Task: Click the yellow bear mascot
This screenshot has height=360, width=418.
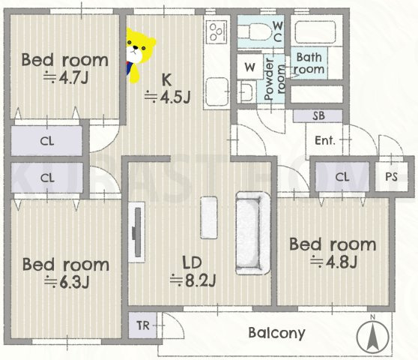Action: point(139,55)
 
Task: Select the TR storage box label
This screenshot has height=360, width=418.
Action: point(143,325)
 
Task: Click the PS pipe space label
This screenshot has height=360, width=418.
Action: point(391,177)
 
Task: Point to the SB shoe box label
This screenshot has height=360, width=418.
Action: point(318,115)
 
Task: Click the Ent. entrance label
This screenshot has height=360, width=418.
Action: point(325,140)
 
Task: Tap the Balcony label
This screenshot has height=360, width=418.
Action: point(276,333)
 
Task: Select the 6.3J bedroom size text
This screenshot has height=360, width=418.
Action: point(67,282)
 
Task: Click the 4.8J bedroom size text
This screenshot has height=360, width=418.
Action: point(333,262)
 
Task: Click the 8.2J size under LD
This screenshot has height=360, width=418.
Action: point(193,280)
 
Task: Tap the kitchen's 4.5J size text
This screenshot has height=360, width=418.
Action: point(167,97)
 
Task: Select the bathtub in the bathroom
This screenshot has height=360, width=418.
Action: point(315,31)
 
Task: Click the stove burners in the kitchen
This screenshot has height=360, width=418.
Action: point(216,31)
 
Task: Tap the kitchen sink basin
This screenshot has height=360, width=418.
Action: point(216,91)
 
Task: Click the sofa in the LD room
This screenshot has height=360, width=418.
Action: point(252,233)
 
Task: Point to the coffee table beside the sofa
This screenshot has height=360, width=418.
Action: point(209,217)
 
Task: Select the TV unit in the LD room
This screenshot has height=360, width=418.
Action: point(137,232)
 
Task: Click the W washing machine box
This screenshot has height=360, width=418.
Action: point(250,67)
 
